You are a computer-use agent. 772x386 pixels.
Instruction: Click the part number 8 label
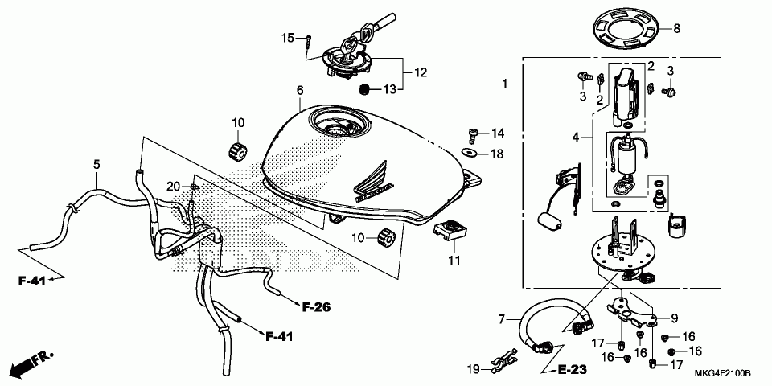(x=676, y=29)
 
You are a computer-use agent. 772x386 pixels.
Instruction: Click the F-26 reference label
(x=317, y=306)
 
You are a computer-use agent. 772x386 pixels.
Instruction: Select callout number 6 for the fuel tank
(x=299, y=90)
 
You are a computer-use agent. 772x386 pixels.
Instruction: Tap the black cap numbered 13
(x=364, y=88)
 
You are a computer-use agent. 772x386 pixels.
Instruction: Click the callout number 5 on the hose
(x=96, y=165)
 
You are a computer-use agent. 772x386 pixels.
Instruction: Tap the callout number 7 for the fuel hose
(x=502, y=319)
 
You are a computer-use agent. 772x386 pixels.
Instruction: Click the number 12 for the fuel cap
(x=421, y=72)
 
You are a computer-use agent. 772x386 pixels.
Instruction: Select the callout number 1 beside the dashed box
(x=505, y=84)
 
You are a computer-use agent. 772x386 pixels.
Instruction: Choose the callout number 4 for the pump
(x=576, y=138)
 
